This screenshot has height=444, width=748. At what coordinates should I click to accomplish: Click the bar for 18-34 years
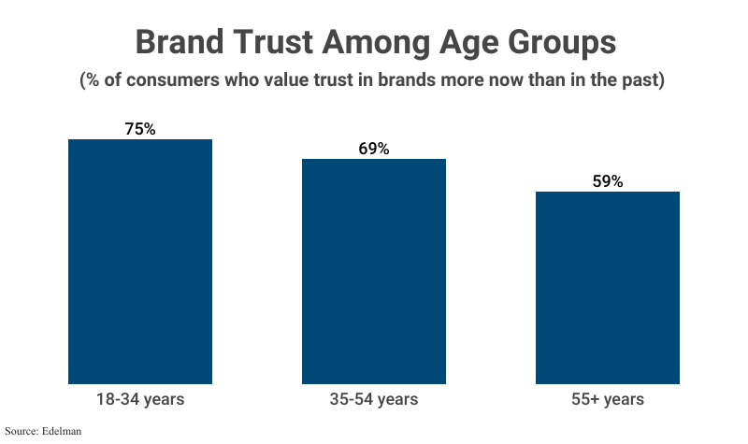point(140,262)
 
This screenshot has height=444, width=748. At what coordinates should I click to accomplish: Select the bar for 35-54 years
point(373,271)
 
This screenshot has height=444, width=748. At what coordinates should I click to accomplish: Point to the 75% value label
point(140,129)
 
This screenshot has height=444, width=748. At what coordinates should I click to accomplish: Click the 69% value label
point(373,149)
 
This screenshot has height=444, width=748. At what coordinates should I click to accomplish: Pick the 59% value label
point(607,181)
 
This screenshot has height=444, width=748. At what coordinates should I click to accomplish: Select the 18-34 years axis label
point(140,399)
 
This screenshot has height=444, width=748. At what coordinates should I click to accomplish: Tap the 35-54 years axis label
point(373,399)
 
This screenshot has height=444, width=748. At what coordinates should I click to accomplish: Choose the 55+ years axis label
point(607,399)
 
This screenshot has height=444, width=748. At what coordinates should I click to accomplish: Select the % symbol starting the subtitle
point(94,80)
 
